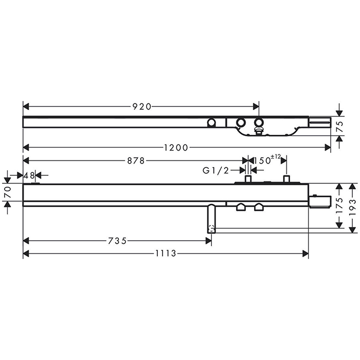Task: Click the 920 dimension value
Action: point(142,106)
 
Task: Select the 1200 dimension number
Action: point(176,148)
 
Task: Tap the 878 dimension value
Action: point(136,160)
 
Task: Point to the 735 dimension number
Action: point(117,241)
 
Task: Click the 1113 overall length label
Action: point(166,254)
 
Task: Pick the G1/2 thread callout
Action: point(216,170)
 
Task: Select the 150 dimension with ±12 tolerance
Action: point(266,160)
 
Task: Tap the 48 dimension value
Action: point(29,176)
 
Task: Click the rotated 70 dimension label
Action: point(8,192)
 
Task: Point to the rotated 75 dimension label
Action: point(340,127)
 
